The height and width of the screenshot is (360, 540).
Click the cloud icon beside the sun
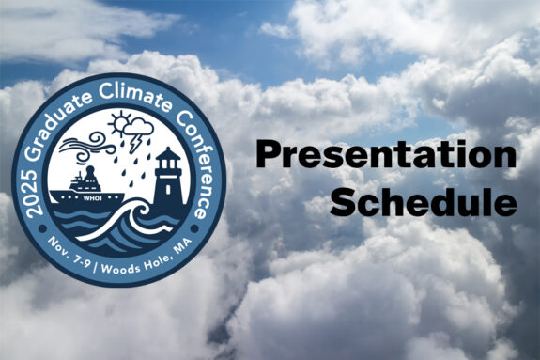(x=138, y=126)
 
